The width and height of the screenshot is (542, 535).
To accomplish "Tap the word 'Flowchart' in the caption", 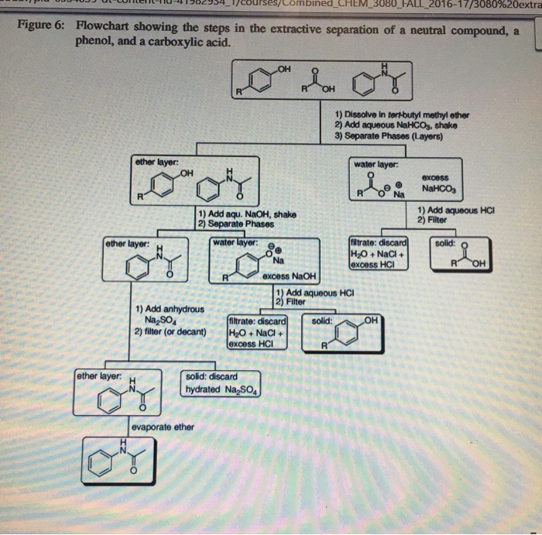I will point(103,25).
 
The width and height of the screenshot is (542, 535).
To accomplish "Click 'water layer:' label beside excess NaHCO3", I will point(376,164).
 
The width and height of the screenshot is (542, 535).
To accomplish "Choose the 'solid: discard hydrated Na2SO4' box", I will point(223,383).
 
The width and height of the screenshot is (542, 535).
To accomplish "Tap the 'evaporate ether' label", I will point(163,427).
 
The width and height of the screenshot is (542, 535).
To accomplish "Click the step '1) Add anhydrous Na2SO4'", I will point(169,314).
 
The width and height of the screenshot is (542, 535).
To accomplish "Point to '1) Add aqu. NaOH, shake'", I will point(246,214).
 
